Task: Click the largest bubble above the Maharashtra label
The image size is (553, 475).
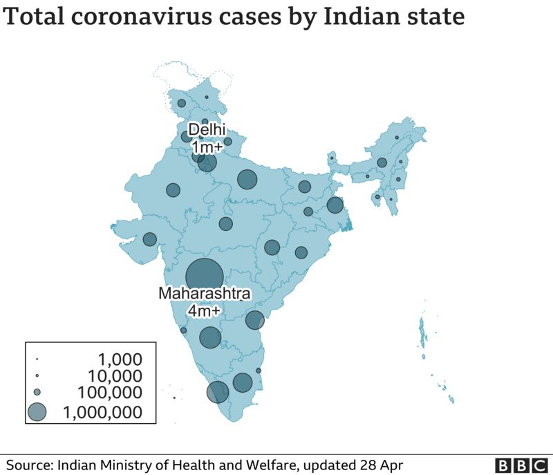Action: [x=205, y=277]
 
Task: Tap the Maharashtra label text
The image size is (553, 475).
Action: [x=205, y=294]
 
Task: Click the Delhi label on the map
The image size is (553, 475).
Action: [x=206, y=130]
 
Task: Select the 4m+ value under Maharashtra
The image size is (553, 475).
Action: [x=205, y=312]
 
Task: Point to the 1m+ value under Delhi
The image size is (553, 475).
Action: [x=206, y=147]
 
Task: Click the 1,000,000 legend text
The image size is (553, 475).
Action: [x=102, y=413]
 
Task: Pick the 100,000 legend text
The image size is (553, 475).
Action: [x=109, y=393]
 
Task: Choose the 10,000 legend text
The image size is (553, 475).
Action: [x=115, y=377]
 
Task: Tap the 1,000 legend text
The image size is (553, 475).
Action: [x=120, y=360]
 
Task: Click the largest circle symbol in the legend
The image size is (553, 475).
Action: [x=37, y=412]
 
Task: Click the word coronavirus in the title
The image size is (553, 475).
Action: [x=137, y=18]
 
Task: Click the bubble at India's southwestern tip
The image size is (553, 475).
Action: [x=218, y=392]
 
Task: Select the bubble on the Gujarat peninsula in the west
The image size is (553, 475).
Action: [x=149, y=239]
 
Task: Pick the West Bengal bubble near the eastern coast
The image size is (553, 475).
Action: [x=335, y=205]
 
